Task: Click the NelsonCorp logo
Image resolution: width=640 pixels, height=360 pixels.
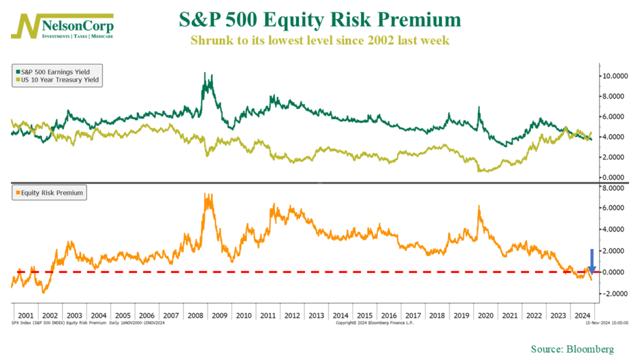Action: (63, 26)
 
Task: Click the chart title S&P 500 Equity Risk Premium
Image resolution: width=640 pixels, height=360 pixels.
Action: (320, 19)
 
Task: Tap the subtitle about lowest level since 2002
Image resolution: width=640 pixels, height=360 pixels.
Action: (320, 41)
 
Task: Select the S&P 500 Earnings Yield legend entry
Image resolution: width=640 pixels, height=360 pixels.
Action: (56, 71)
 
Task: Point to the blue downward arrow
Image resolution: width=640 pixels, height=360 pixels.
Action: (592, 261)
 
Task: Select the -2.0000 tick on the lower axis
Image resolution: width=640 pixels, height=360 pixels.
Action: (615, 294)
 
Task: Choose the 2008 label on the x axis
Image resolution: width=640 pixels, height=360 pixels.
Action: (195, 315)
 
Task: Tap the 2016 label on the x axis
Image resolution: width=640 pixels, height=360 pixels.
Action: (389, 315)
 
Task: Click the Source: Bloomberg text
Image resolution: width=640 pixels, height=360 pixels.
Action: (572, 350)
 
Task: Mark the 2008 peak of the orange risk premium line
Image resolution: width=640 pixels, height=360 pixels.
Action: (207, 195)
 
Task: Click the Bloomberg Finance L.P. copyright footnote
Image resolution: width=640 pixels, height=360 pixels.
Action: (376, 323)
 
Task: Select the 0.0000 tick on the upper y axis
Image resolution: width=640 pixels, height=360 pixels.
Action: (615, 177)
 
